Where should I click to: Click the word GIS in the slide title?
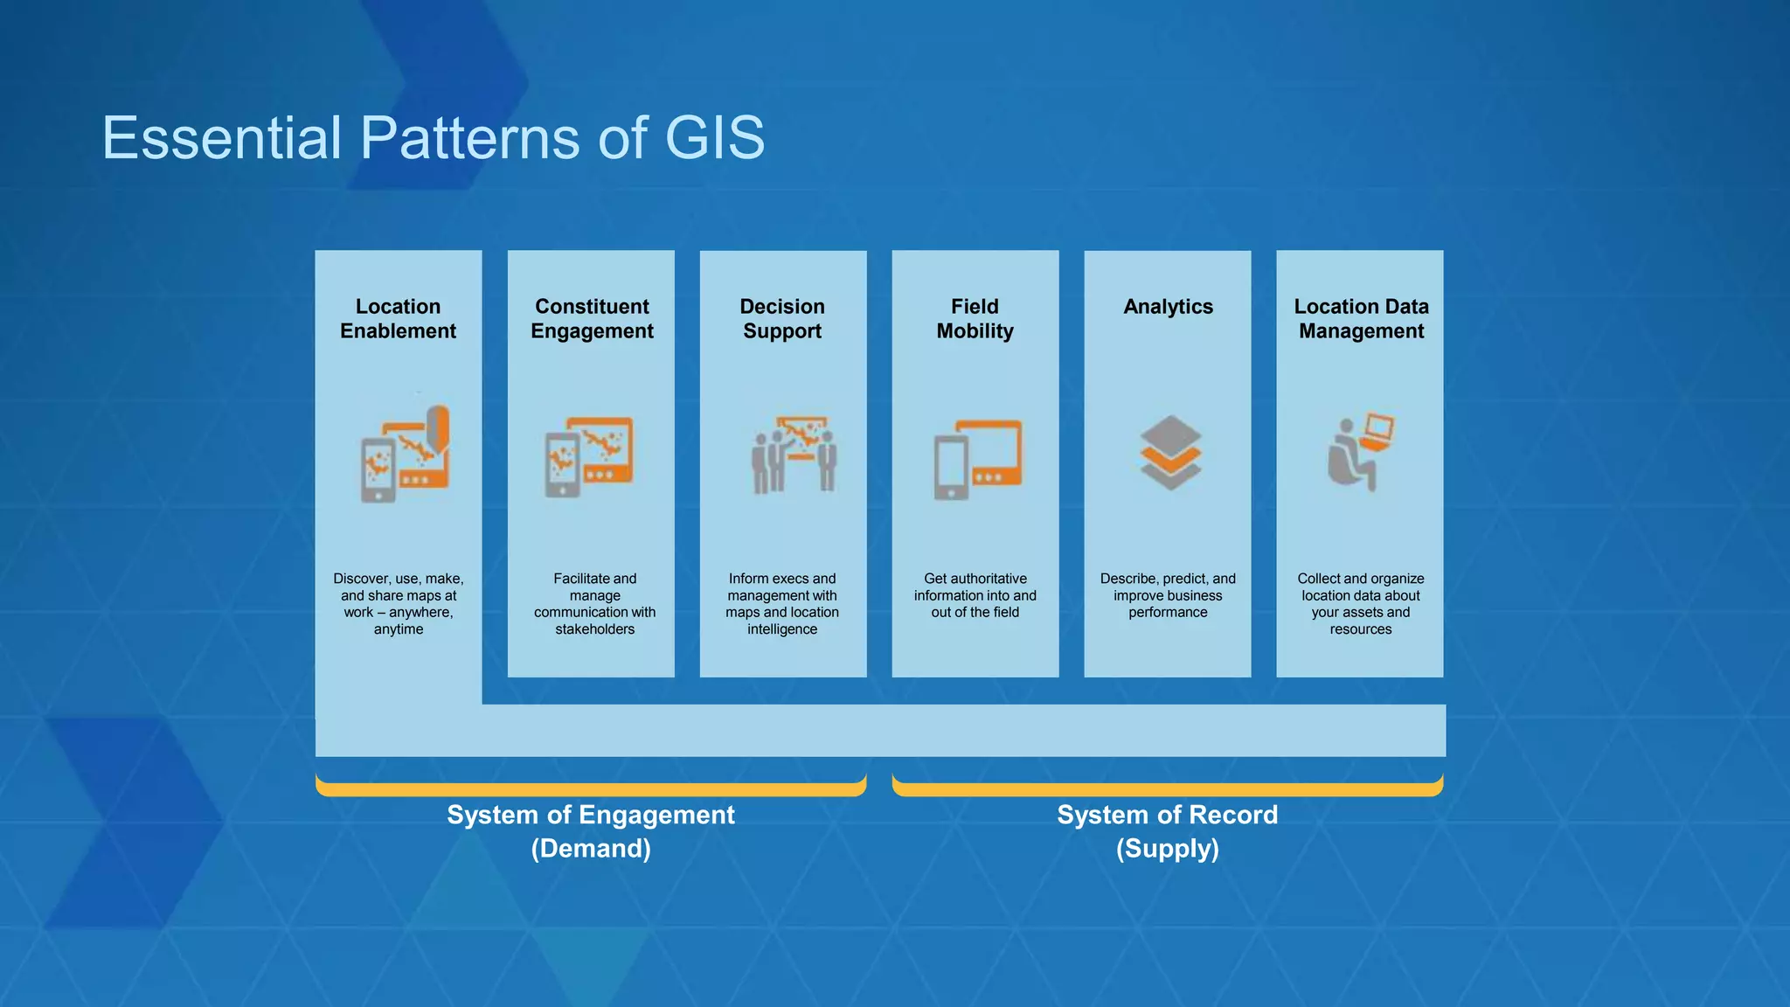[714, 138]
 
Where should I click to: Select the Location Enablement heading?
[398, 319]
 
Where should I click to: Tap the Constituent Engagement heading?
[592, 319]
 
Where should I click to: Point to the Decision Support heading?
[782, 319]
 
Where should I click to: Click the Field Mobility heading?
[975, 319]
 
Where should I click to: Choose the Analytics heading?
[1168, 307]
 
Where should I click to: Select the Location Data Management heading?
[1361, 319]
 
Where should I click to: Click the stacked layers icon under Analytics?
[1170, 452]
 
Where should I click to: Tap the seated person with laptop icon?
[1360, 452]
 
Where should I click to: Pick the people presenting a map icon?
[794, 455]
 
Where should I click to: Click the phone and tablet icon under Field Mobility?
[977, 459]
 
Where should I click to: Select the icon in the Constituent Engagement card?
[589, 456]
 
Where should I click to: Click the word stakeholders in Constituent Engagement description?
[594, 629]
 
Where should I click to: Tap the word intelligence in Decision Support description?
[782, 629]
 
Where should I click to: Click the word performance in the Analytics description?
[1168, 613]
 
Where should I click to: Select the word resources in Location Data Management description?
[1360, 629]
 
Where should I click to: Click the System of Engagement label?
[591, 815]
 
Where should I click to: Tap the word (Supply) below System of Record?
[1167, 849]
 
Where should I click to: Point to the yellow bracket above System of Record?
[1167, 789]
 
